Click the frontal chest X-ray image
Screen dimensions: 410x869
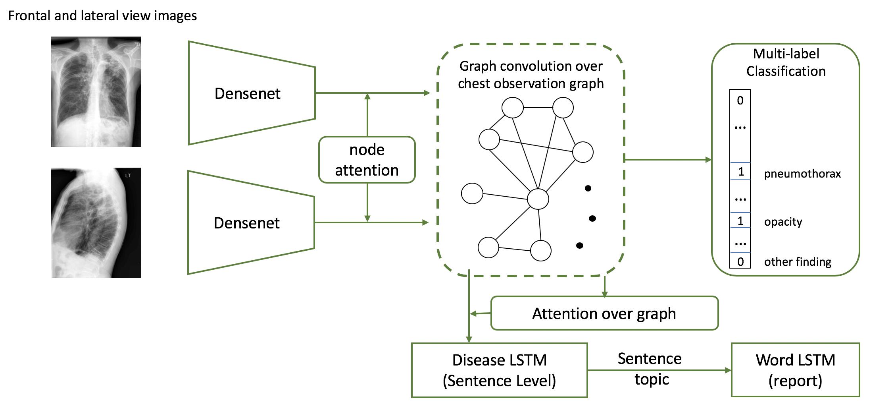pos(96,92)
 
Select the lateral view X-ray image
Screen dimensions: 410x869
pos(96,223)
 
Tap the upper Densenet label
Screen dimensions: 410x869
pos(247,94)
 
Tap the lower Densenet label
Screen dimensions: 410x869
pos(246,223)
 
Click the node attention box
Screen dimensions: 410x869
pos(367,160)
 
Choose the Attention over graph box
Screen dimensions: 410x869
pos(604,313)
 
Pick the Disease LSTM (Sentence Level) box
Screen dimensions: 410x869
pos(499,370)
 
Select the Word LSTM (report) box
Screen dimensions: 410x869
pos(795,370)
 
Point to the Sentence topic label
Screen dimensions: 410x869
pos(650,369)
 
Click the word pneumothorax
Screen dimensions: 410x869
pos(802,174)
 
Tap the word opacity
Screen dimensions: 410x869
pos(783,222)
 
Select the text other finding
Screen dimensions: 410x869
pos(798,262)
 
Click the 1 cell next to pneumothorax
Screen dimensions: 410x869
pos(740,172)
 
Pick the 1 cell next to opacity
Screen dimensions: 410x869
pos(740,220)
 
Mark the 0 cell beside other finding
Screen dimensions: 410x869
pos(740,261)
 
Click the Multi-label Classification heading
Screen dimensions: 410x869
pos(786,62)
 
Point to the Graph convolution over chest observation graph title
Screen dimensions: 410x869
pos(531,75)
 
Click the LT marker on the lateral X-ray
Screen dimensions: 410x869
pos(128,176)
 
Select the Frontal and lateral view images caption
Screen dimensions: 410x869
pos(102,15)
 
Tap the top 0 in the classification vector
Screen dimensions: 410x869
pos(740,101)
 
